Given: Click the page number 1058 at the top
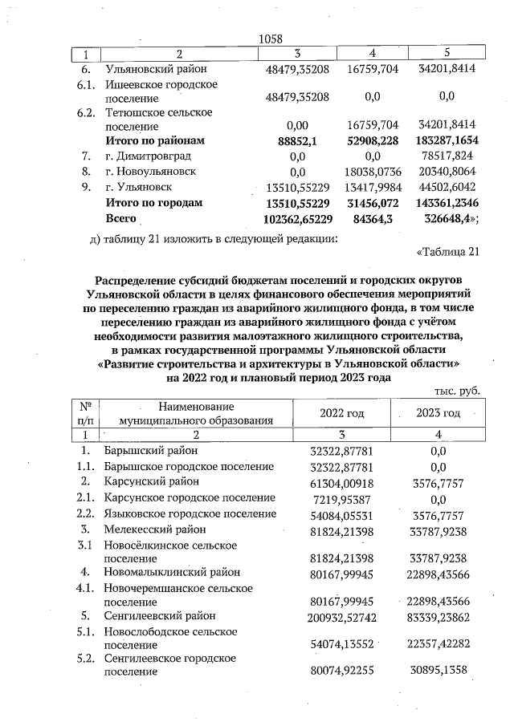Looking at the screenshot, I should point(272,38).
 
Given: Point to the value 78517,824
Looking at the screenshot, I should point(447,156).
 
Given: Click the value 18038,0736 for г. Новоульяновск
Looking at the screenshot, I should point(372,172).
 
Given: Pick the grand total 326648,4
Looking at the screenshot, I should point(447,218).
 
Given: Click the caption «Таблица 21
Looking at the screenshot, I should point(448,253).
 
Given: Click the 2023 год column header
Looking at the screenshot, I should point(438,413).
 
